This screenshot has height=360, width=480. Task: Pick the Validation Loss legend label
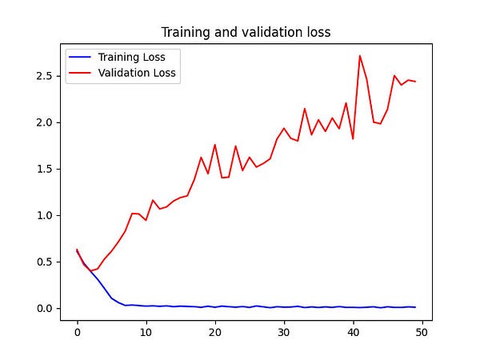pyautogui.click(x=136, y=73)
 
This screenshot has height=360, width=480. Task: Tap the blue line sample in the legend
pyautogui.click(x=81, y=58)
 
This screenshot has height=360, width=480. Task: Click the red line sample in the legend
pyautogui.click(x=81, y=74)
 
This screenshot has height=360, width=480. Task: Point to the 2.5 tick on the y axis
pyautogui.click(x=44, y=76)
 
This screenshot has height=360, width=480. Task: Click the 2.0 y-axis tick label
pyautogui.click(x=44, y=122)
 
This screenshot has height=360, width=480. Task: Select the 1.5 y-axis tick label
pyautogui.click(x=44, y=169)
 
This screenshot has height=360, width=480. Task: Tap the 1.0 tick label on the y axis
pyautogui.click(x=44, y=215)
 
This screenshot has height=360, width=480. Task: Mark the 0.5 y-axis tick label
pyautogui.click(x=44, y=262)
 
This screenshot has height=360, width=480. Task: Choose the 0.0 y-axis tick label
pyautogui.click(x=44, y=308)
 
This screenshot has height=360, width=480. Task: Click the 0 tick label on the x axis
pyautogui.click(x=77, y=331)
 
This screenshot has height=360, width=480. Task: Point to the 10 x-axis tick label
pyautogui.click(x=146, y=331)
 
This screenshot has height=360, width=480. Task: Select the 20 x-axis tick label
pyautogui.click(x=214, y=331)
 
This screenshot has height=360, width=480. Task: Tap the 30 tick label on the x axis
pyautogui.click(x=283, y=331)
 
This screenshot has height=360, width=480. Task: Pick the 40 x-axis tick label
pyautogui.click(x=353, y=331)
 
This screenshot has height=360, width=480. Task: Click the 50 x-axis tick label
pyautogui.click(x=422, y=331)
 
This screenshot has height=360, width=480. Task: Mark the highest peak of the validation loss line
pyautogui.click(x=360, y=56)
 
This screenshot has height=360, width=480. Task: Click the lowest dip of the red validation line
pyautogui.click(x=91, y=271)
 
